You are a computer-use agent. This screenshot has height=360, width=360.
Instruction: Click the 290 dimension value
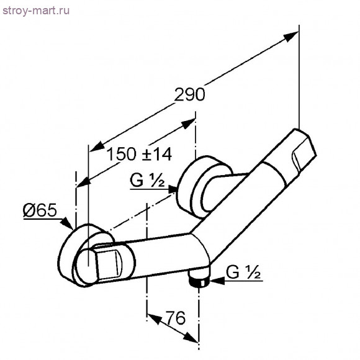click(x=189, y=94)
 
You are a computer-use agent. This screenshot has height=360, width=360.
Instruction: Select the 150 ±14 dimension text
click(x=140, y=154)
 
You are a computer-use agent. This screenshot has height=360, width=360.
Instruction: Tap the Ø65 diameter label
click(x=40, y=210)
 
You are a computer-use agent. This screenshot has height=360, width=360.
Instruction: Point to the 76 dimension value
click(x=176, y=318)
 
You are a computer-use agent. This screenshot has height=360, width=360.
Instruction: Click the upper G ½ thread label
click(x=147, y=180)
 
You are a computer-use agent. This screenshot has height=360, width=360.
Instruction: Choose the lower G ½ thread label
click(x=243, y=272)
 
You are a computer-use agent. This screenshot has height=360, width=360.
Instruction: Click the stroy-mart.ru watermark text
click(x=36, y=11)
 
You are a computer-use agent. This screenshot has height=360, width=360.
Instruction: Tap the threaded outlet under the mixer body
click(x=199, y=279)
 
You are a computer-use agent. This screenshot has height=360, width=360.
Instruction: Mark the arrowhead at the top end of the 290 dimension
click(x=291, y=36)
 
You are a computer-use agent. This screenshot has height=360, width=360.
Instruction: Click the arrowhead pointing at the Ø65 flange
click(x=66, y=223)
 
